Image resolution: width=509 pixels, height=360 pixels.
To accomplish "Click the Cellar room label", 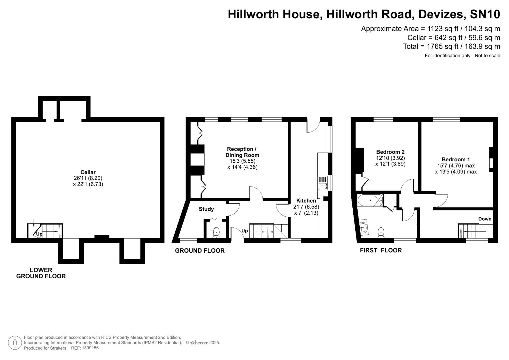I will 88,172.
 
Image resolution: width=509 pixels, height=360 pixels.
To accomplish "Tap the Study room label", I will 206,209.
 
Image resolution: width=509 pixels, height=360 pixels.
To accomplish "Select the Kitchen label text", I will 306,201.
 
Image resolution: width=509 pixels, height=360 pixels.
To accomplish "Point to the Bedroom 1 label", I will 456,160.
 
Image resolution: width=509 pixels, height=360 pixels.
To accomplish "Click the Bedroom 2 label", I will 390,152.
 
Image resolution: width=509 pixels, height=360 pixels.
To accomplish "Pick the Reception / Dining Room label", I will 242,152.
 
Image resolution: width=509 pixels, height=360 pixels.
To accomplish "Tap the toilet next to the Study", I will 216,232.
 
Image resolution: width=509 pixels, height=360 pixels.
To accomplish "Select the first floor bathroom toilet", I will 381,232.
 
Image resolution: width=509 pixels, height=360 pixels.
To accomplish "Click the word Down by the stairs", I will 485,219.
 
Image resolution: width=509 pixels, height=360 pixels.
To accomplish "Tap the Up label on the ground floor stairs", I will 244,231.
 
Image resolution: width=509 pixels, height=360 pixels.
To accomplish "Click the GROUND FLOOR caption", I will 200,251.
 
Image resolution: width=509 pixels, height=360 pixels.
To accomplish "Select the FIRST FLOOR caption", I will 381,250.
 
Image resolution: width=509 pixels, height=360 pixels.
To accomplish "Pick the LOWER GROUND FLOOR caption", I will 41,273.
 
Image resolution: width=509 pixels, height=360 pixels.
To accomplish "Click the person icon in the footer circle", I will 15,343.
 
